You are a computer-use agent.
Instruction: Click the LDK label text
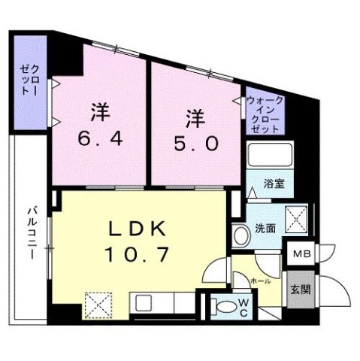pyautogui.click(x=140, y=229)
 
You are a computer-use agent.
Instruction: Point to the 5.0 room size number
pyautogui.click(x=197, y=142)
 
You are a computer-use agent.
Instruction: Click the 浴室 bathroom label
pyautogui.click(x=273, y=184)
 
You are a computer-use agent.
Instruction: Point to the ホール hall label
pyautogui.click(x=261, y=279)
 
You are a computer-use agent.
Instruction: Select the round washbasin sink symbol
pyautogui.click(x=241, y=235)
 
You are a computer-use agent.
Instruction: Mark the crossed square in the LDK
pyautogui.click(x=98, y=306)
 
